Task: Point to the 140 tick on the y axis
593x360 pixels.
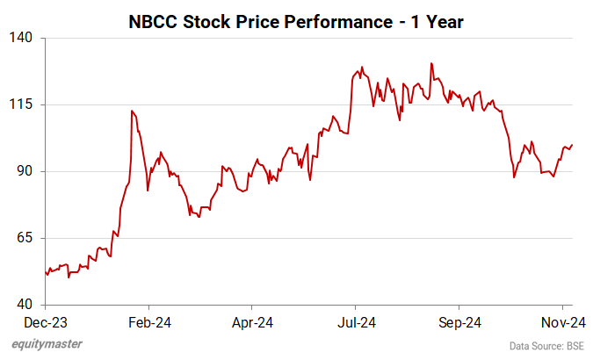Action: click(22, 38)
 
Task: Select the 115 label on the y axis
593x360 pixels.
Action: click(22, 104)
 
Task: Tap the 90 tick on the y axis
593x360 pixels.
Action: click(25, 171)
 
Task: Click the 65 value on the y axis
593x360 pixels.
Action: click(25, 238)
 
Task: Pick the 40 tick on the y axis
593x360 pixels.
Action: click(25, 305)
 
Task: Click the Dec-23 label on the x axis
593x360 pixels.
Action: click(45, 322)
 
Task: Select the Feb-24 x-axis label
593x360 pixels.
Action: click(148, 322)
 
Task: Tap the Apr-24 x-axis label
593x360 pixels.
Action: click(252, 322)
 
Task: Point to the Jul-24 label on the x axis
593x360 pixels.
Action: click(356, 322)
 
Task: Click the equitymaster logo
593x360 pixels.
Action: click(47, 344)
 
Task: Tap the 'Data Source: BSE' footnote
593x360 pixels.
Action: click(546, 346)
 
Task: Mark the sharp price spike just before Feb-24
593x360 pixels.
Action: click(132, 111)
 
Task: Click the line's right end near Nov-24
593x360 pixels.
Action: click(572, 145)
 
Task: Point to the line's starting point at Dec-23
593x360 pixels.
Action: click(45, 271)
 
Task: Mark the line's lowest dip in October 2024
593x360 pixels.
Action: click(515, 177)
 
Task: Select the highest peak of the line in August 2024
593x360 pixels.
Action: click(431, 63)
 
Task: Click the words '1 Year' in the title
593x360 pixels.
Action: click(431, 18)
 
